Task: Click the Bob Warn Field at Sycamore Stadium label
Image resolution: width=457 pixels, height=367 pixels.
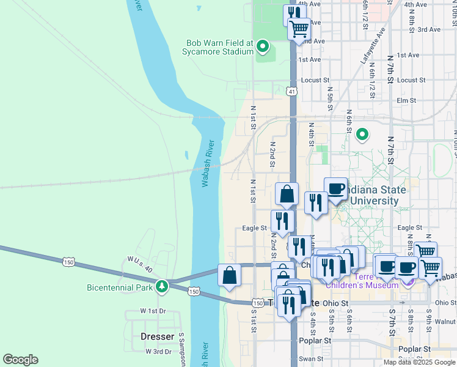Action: (220, 47)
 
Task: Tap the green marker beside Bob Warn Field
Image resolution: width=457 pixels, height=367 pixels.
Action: (263, 46)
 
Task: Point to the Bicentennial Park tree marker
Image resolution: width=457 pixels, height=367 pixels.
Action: (162, 286)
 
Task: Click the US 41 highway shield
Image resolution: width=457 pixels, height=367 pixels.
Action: (293, 92)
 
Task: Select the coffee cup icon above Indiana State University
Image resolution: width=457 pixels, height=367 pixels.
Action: (335, 188)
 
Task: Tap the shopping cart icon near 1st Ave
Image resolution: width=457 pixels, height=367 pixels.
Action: (299, 28)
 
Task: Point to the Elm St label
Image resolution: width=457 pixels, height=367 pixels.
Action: (406, 100)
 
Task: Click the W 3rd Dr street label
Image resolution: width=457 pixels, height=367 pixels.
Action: (158, 351)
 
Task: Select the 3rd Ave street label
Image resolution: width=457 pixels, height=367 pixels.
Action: (428, 29)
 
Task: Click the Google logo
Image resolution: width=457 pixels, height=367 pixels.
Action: (20, 360)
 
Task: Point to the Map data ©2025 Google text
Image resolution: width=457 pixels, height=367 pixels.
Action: (420, 362)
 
